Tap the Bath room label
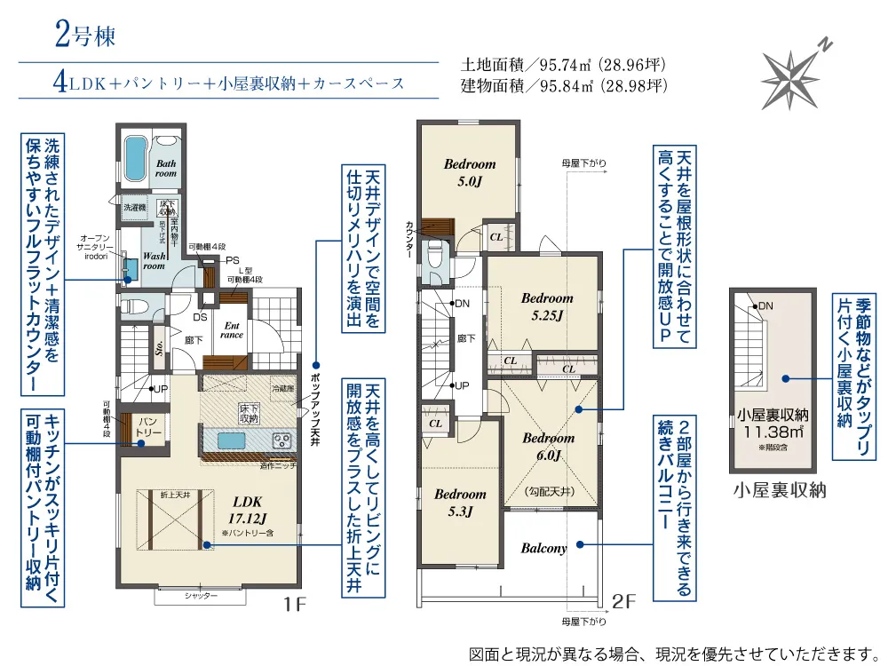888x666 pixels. (166, 169)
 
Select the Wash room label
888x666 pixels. (155, 259)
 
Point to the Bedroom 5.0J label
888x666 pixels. (470, 171)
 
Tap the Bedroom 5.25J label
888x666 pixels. (546, 305)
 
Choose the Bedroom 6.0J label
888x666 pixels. (548, 447)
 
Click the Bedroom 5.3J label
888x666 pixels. (461, 502)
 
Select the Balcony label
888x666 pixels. (544, 548)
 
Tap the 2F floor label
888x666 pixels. (625, 601)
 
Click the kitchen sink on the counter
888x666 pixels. (233, 441)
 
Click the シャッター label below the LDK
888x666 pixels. (202, 596)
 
